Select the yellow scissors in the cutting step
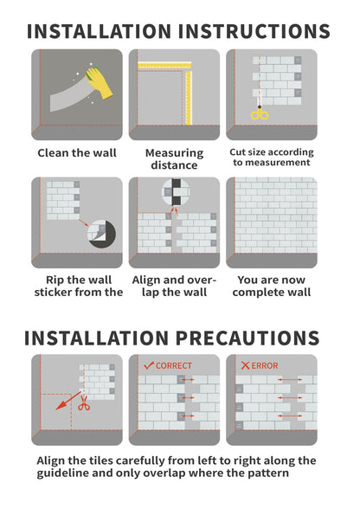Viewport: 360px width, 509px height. (x=257, y=113)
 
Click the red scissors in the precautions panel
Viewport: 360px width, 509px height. (x=83, y=404)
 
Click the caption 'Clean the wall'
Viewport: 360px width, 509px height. (x=76, y=153)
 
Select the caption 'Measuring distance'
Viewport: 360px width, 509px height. (x=174, y=159)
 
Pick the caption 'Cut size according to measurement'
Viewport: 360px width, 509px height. (x=271, y=158)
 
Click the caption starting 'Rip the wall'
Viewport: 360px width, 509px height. (x=77, y=286)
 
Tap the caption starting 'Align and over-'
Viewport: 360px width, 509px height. (x=174, y=286)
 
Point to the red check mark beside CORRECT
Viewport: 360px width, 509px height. (x=148, y=365)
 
